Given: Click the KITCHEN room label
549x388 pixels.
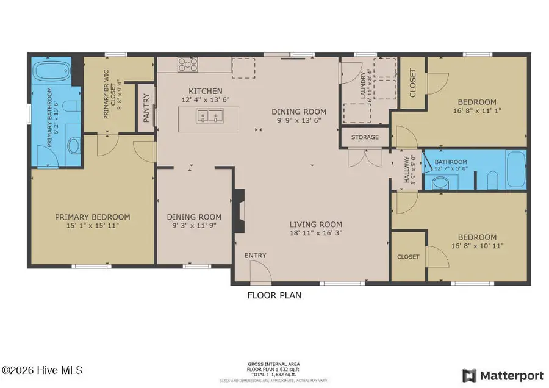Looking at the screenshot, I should coord(201,91).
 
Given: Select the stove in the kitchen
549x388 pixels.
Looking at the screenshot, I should coord(187,63).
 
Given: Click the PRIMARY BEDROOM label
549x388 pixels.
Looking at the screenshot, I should coord(93,217).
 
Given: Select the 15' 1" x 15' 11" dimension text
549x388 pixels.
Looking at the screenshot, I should coord(93,225).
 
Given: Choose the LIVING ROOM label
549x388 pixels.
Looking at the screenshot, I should coord(315,224).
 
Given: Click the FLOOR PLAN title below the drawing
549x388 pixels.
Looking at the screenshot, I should coord(274,295).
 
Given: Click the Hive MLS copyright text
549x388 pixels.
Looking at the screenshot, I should coord(43,370).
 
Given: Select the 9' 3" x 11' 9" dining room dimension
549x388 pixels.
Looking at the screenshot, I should coord(194,225).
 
